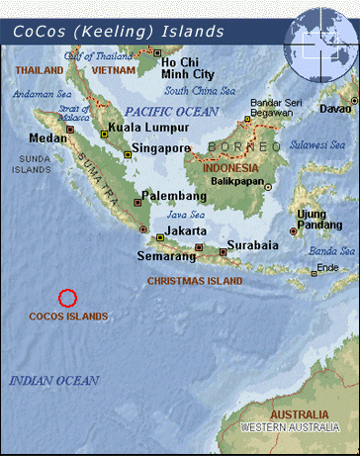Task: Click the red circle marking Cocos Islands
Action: (x=67, y=297)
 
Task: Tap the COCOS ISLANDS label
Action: (x=68, y=317)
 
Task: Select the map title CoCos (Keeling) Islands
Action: (x=119, y=32)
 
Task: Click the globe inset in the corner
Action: (x=319, y=38)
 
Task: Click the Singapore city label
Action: (x=162, y=148)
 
